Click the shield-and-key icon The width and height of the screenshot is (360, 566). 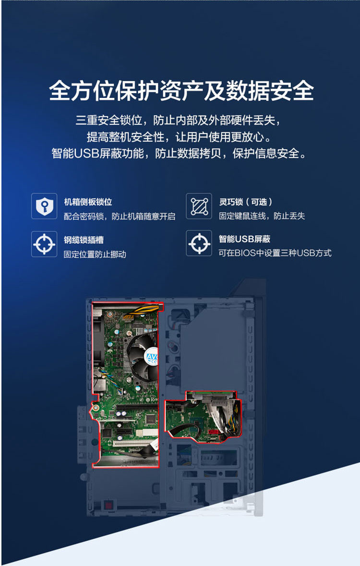tap(44, 206)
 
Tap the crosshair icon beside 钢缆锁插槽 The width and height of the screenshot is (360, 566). tap(44, 244)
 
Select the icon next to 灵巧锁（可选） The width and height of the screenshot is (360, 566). tap(199, 206)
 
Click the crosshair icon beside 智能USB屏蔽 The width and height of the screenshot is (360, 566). tap(199, 243)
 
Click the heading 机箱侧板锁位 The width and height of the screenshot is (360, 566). tap(88, 202)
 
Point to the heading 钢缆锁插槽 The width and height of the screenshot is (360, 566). tap(84, 240)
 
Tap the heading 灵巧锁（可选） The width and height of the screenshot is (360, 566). tap(246, 202)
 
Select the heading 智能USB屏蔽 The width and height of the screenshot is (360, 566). tap(244, 239)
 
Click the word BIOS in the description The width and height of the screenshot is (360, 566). tap(245, 253)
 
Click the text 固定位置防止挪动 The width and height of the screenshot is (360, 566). tap(95, 254)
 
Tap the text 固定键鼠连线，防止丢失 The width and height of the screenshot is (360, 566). tap(262, 216)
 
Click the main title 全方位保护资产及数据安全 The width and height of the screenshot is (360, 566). tap(181, 91)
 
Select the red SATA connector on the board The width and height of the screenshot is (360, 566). tap(214, 432)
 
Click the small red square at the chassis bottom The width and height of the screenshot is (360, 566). tap(107, 504)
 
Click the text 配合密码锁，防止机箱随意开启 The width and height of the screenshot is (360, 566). tap(120, 216)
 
